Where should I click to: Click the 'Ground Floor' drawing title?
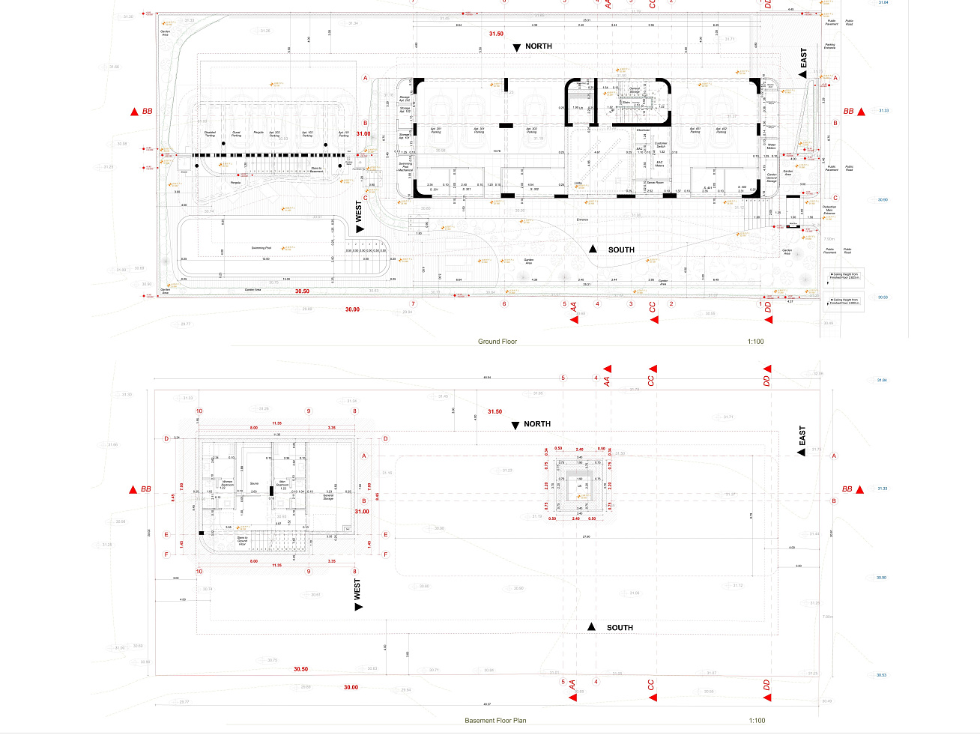click(497, 342)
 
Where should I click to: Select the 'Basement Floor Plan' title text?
click(495, 721)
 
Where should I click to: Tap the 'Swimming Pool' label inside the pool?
click(261, 247)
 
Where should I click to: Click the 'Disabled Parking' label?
click(210, 134)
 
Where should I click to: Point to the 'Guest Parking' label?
click(236, 134)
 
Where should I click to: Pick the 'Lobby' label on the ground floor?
click(578, 182)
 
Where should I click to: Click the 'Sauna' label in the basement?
click(254, 483)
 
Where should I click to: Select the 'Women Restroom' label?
click(227, 483)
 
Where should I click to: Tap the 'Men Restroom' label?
click(282, 483)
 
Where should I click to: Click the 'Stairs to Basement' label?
click(317, 169)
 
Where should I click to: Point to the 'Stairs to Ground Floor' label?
click(242, 540)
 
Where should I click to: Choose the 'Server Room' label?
click(655, 182)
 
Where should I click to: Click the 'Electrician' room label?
click(644, 130)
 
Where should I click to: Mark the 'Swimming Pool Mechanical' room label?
click(405, 166)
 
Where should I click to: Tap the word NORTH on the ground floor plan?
click(538, 46)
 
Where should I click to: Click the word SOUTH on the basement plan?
click(620, 628)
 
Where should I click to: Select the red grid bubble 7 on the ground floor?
click(413, 304)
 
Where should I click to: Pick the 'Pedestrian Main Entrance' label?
click(829, 210)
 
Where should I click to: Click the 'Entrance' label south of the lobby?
click(582, 220)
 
